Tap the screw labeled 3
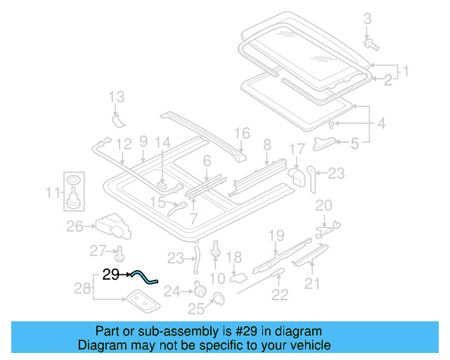tap(371, 45)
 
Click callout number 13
tap(116, 97)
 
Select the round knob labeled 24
tap(199, 290)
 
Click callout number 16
tap(242, 133)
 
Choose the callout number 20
tap(323, 205)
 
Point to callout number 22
tap(280, 295)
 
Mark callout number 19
tap(276, 235)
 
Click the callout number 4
tap(380, 124)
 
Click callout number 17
tap(297, 149)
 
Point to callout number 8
tap(266, 145)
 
